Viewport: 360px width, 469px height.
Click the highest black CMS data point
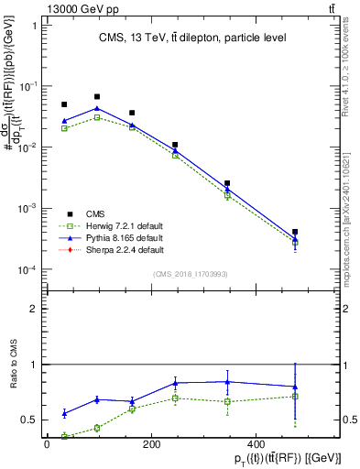[97, 96]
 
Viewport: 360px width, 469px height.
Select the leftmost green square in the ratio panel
[64, 436]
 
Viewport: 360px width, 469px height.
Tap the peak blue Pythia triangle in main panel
[97, 108]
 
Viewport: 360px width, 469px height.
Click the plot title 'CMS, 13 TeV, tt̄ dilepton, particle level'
[180, 38]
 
